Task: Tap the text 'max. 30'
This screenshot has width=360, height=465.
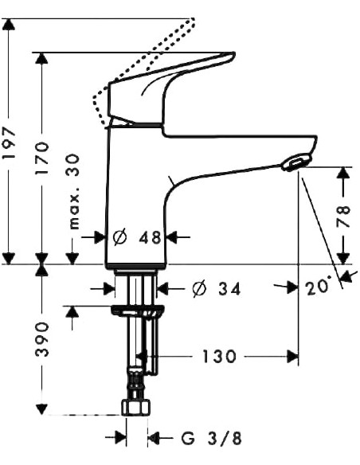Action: point(74,192)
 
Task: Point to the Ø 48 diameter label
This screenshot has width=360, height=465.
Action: point(137,237)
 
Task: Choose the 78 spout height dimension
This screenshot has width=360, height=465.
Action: point(344,217)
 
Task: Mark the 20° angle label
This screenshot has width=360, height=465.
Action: point(319,287)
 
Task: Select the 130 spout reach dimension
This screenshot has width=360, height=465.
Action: point(218,357)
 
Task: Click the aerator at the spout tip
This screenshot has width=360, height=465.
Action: point(293,162)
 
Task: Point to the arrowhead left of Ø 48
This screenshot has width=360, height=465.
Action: point(100,237)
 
